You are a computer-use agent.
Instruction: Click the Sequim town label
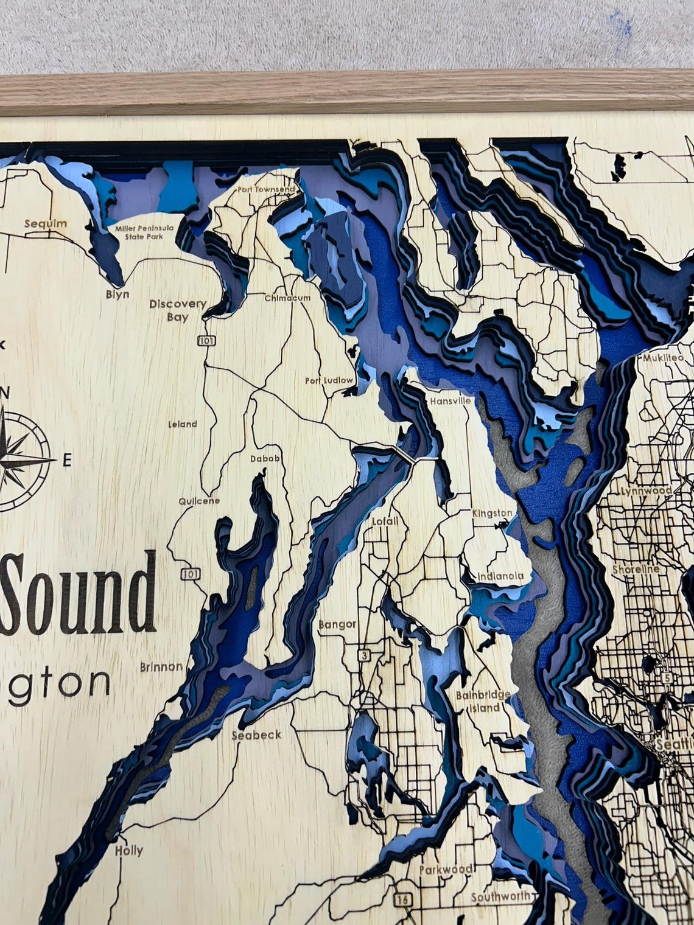point(45,223)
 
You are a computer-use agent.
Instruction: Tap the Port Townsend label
point(266,189)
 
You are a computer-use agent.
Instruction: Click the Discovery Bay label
point(178,310)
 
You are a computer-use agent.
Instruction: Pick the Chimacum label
point(287,298)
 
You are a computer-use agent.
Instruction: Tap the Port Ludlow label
point(329,381)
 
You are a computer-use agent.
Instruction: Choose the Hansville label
point(450,402)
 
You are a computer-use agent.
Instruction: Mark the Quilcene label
point(198,501)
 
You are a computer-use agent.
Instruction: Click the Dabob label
point(265,458)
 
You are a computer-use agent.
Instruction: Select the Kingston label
point(492,513)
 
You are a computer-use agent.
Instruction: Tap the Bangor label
point(337,624)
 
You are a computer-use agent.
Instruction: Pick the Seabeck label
point(256,735)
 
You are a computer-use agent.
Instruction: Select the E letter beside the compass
point(67,460)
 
